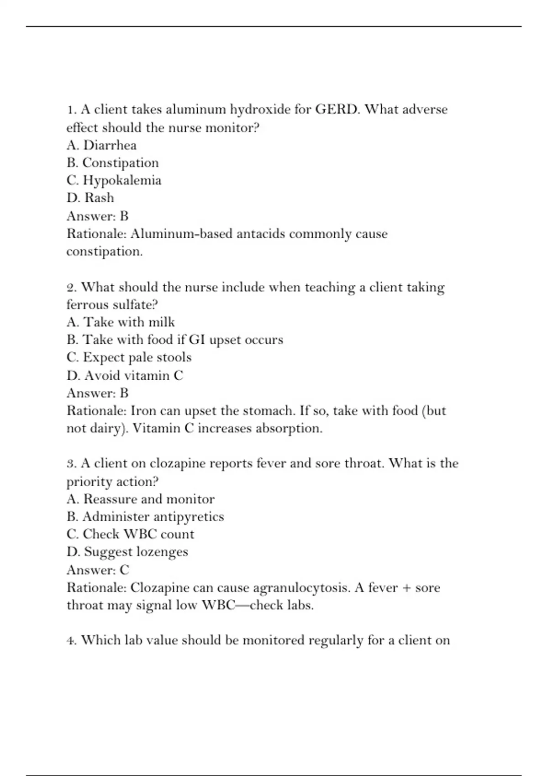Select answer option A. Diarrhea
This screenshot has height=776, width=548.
click(x=101, y=145)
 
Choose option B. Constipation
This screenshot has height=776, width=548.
click(x=112, y=163)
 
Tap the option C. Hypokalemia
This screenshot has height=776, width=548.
click(x=114, y=180)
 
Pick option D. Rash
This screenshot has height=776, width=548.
click(x=90, y=198)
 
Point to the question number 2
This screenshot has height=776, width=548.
click(x=71, y=288)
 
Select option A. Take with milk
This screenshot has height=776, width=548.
click(x=121, y=322)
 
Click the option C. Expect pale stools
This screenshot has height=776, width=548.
click(x=129, y=357)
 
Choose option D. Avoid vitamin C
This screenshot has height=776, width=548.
click(x=125, y=375)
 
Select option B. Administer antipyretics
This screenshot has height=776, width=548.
click(x=145, y=517)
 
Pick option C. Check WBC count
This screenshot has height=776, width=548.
click(x=130, y=534)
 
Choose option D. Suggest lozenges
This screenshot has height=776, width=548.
click(x=127, y=552)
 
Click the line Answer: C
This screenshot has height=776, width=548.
click(x=98, y=570)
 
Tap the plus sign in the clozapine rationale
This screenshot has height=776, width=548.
click(x=405, y=588)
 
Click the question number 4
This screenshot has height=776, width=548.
click(x=71, y=640)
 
